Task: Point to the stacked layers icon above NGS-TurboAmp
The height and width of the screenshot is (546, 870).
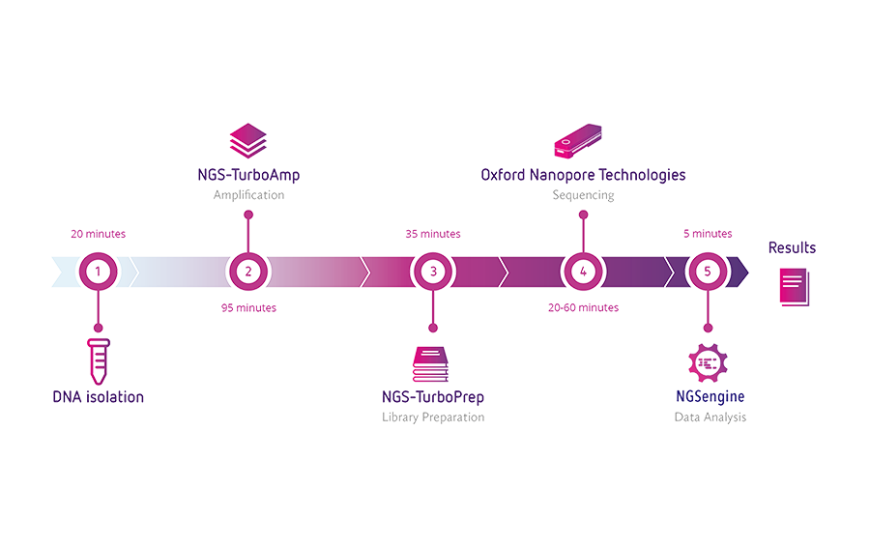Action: (x=247, y=139)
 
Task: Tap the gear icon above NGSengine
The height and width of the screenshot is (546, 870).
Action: (x=706, y=360)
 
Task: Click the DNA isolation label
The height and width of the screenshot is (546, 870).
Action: (x=99, y=396)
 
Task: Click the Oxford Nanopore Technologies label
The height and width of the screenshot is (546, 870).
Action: (x=583, y=175)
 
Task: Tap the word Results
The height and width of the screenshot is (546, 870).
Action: (x=792, y=248)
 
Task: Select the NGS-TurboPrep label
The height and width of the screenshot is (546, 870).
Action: (x=433, y=397)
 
